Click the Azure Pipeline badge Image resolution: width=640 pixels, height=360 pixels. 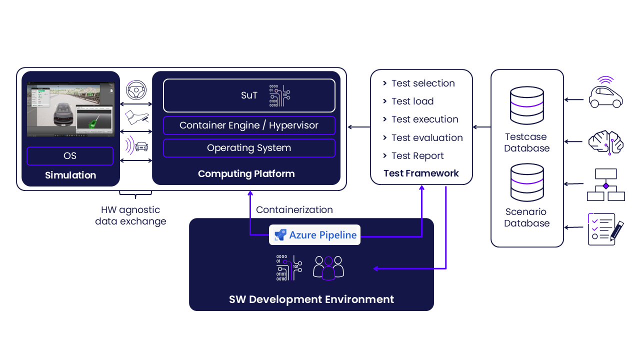coord(314,235)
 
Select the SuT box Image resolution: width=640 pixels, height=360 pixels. coord(249,95)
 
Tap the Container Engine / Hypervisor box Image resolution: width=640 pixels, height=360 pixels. coord(249,125)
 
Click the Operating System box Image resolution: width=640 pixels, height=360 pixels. coord(249,148)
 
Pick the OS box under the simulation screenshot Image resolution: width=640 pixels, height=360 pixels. coord(70,156)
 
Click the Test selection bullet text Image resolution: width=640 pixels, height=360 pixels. coord(422,83)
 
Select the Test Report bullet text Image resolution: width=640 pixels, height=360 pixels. coord(417,156)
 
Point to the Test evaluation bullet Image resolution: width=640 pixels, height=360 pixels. coord(426,138)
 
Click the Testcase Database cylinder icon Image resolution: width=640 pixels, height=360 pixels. coord(526,106)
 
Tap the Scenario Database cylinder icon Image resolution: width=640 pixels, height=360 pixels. coord(526,183)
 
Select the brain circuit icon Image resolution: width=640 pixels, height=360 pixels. coord(605,142)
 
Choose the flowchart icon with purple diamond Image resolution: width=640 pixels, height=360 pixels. coord(605,184)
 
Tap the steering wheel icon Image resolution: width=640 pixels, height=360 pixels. coord(135,91)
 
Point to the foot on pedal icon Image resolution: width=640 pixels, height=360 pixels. coord(136,118)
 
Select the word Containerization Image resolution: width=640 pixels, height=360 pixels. coord(294,210)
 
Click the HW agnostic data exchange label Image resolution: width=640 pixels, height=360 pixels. coord(130,215)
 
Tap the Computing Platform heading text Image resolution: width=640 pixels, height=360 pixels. coord(246,174)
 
